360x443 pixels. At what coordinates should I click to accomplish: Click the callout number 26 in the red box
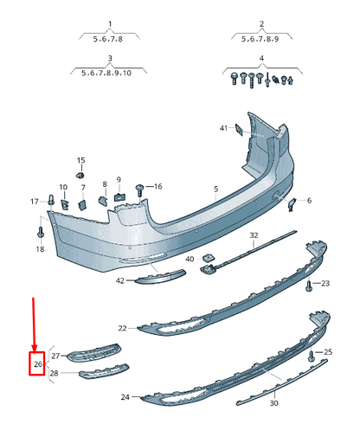(37, 365)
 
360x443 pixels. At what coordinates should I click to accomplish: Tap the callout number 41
(223, 128)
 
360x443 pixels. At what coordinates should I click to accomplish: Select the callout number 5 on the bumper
(216, 189)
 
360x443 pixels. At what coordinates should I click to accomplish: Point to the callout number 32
(254, 235)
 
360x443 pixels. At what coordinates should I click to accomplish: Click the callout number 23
(325, 283)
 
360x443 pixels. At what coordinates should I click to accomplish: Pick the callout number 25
(328, 352)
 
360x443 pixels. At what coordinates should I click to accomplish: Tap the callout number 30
(274, 403)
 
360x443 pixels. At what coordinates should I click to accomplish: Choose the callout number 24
(125, 397)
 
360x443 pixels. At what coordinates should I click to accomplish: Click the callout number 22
(122, 328)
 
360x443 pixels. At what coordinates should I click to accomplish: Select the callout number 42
(120, 280)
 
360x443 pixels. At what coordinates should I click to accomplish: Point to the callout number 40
(190, 259)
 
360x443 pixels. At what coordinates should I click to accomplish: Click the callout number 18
(40, 249)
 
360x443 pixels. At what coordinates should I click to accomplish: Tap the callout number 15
(81, 161)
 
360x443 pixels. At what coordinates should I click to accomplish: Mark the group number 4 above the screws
(260, 58)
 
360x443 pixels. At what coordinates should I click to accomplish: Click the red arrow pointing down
(35, 324)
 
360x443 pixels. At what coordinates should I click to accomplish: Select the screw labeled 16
(139, 187)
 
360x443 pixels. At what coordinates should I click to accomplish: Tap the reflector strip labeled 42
(157, 274)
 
